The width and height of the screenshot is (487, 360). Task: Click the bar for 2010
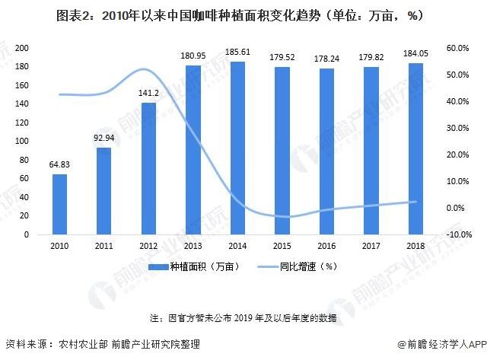point(59,205)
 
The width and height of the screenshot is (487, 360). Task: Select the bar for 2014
point(237,148)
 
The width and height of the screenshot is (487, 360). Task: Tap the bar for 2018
point(415,149)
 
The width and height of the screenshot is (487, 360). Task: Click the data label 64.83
point(59,165)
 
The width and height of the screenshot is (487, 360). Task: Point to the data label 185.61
point(237,53)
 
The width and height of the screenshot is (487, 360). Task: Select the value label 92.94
point(103,139)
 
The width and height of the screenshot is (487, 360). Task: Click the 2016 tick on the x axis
point(326,246)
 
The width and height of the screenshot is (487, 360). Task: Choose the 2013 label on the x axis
point(193,246)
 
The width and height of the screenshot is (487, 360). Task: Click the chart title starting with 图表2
point(243,14)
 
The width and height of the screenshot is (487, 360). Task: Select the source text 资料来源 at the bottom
point(103,344)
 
